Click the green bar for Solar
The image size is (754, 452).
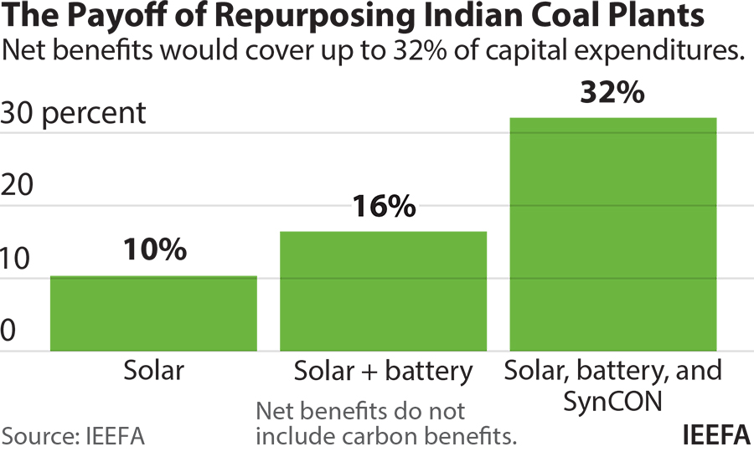point(153,314)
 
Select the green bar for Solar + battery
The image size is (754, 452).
point(383,291)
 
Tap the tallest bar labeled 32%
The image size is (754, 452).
point(613,234)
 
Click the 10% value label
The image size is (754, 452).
point(154,249)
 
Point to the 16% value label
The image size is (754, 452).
point(383,205)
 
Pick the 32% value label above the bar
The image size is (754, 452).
point(612,91)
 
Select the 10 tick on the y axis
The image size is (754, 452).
point(18,259)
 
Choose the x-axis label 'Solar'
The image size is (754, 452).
point(153,370)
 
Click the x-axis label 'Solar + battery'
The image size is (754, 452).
point(383,370)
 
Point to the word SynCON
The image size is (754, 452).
point(612,401)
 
